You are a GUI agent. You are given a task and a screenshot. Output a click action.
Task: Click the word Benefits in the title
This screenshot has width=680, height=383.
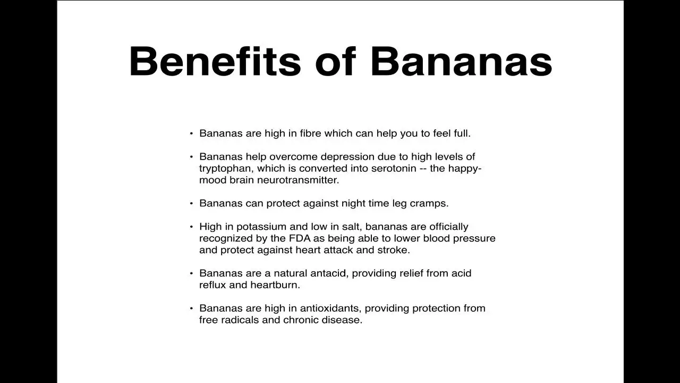point(215,61)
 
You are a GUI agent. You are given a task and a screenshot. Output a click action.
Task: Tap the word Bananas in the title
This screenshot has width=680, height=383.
point(462,61)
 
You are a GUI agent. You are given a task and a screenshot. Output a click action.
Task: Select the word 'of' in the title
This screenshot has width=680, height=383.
point(335,61)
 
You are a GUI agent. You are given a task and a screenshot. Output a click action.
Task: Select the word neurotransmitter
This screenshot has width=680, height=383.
point(298,180)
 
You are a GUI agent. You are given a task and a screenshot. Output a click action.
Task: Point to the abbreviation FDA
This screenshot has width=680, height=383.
point(300,238)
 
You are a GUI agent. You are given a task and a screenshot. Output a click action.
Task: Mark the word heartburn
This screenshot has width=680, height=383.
point(275,285)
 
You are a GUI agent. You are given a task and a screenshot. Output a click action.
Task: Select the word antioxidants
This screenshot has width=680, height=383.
point(330,308)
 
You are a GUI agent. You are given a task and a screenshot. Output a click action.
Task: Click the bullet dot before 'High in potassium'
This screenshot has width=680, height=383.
point(191,227)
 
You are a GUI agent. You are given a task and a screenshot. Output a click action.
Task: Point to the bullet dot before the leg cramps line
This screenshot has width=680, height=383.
point(191,203)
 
